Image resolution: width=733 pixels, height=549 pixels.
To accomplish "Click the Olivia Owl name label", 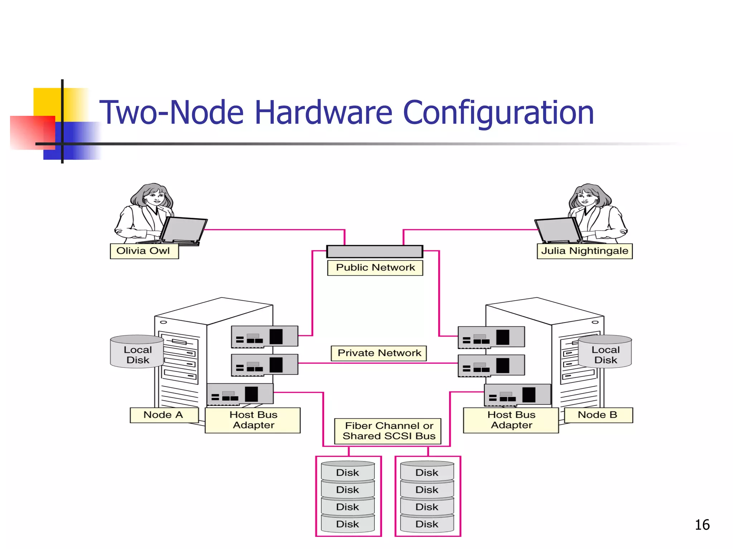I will tap(144, 251).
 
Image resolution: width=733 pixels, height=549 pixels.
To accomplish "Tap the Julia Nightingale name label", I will tap(584, 251).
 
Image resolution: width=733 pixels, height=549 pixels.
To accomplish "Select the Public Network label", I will tap(375, 268).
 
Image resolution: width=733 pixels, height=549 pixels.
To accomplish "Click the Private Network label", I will tap(379, 353).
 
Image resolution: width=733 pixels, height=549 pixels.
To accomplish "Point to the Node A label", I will tap(164, 415).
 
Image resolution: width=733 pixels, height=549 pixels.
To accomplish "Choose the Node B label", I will tap(598, 415).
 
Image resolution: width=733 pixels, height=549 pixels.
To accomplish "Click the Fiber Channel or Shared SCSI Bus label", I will tap(389, 431).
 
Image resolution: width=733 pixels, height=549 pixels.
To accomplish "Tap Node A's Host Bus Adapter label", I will tap(253, 420).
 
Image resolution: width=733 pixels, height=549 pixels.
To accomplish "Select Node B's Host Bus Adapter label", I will tap(511, 420).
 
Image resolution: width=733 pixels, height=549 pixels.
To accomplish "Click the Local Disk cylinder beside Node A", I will tap(137, 352).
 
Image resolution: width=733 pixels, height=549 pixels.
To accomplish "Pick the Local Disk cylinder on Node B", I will tap(605, 352).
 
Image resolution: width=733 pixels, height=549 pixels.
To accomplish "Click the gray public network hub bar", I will tap(375, 251).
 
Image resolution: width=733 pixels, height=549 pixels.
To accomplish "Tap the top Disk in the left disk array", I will tap(348, 472).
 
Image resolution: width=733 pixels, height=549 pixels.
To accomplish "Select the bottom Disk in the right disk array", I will tap(427, 524).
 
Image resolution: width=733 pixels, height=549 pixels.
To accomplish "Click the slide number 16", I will tap(702, 525).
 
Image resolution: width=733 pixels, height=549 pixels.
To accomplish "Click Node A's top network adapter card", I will tap(264, 336).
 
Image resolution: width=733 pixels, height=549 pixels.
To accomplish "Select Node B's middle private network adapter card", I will tap(491, 365).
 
